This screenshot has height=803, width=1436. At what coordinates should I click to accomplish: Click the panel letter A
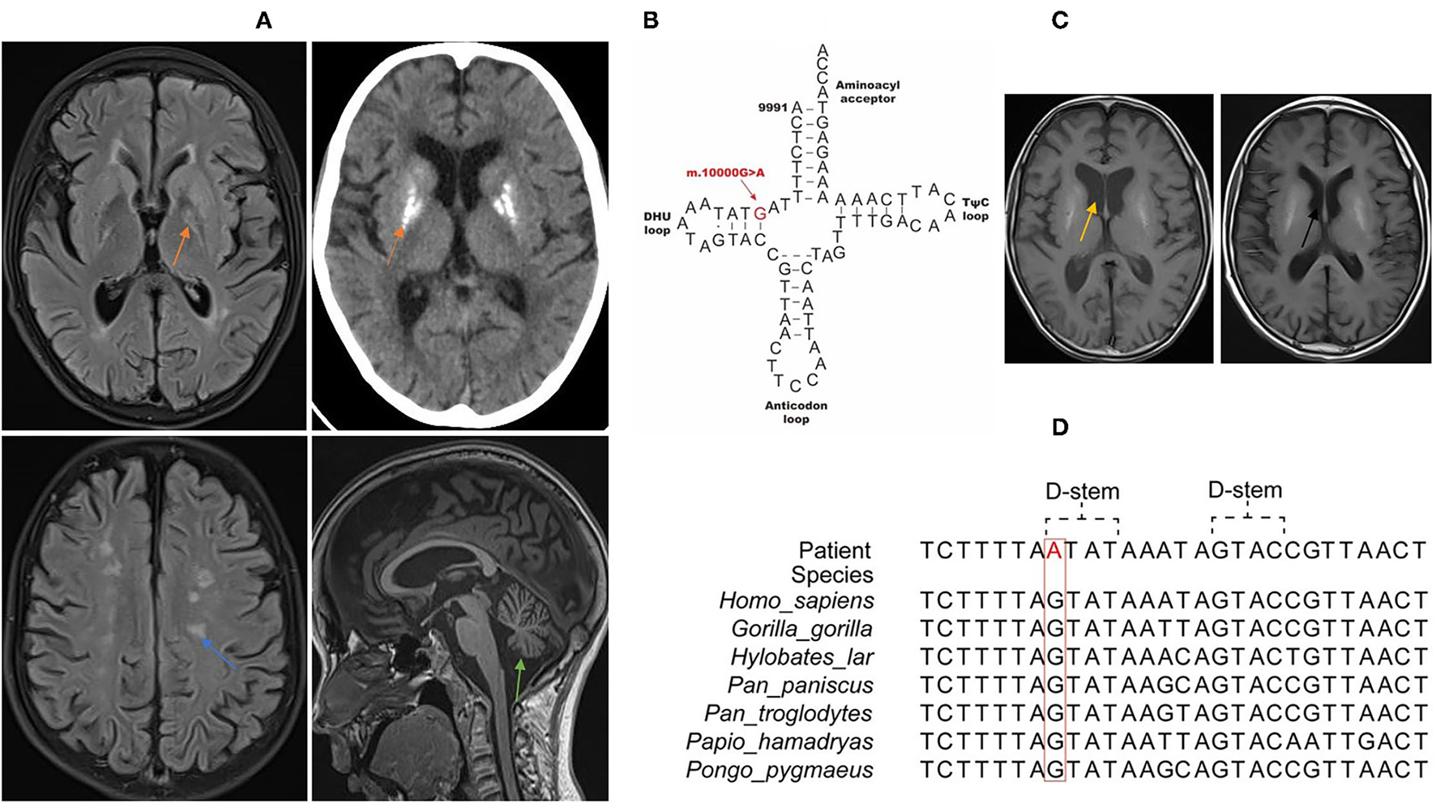coord(263,21)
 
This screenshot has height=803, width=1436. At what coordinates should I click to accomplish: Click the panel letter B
coord(651,21)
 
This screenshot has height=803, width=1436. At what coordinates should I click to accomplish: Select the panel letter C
coord(1059,21)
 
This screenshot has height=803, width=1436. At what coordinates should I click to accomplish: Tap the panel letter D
coord(1059,427)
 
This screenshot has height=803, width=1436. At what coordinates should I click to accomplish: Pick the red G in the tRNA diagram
coord(759,213)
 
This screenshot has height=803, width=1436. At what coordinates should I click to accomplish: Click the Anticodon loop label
coord(796,412)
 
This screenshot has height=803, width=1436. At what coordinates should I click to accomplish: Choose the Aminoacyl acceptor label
coord(867,92)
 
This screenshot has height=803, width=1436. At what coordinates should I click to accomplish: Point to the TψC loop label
coord(975,209)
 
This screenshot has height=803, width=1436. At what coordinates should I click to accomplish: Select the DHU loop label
coord(657,223)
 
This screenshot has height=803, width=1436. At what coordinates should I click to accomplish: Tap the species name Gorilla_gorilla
coord(801,629)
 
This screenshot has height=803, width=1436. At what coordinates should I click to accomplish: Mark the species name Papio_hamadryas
coord(780,741)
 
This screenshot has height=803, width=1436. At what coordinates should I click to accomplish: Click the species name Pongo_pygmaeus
coord(780,770)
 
